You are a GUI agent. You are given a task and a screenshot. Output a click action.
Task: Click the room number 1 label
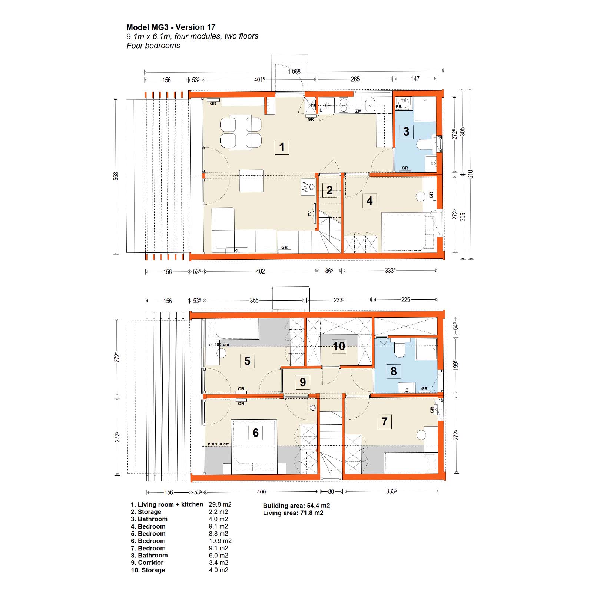[282, 147]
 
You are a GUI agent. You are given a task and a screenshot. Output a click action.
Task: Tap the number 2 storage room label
[329, 191]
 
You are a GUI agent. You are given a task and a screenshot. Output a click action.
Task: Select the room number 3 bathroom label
[406, 131]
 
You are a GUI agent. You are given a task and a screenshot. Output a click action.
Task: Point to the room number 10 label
[339, 346]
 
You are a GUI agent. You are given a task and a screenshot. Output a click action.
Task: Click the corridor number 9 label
[303, 382]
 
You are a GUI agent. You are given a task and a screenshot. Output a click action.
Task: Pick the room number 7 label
[384, 421]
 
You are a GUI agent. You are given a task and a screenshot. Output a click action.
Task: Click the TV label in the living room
[310, 214]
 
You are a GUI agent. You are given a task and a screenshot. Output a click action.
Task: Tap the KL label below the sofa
[237, 251]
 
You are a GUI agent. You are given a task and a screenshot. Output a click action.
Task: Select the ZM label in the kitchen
[358, 111]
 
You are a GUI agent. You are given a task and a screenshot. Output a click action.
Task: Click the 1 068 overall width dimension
[294, 71]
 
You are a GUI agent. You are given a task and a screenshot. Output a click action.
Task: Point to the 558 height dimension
[116, 176]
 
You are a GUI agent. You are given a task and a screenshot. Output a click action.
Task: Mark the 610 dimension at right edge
[470, 174]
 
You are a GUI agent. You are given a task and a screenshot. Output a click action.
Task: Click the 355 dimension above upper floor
[254, 301]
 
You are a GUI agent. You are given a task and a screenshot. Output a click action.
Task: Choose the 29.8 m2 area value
[220, 504]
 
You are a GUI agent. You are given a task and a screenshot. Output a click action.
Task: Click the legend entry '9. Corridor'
[147, 563]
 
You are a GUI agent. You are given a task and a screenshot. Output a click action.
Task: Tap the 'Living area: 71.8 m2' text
[293, 513]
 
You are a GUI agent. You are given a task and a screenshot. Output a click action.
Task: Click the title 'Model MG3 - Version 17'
[171, 27]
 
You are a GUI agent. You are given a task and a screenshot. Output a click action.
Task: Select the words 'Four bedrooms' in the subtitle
[153, 46]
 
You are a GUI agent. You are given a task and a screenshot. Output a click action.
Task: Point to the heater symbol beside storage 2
[308, 188]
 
